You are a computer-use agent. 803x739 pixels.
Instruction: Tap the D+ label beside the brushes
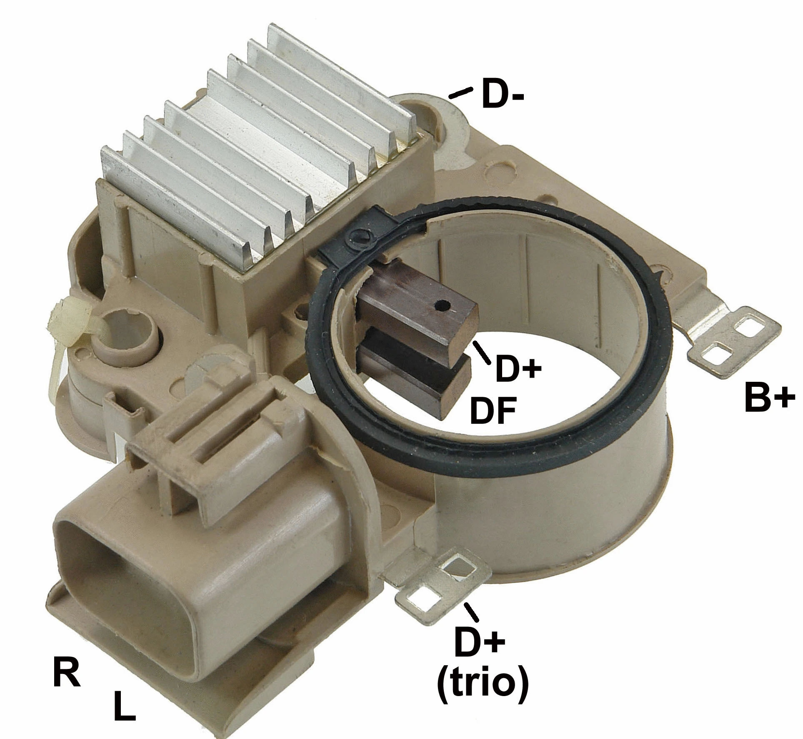click(517, 360)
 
